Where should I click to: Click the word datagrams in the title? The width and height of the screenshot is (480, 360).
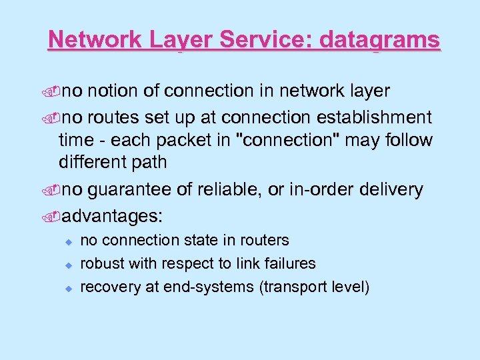380,40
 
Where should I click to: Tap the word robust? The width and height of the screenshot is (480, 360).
101,263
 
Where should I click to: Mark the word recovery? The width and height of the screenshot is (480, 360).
107,287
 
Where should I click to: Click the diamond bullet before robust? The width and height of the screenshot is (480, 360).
67,264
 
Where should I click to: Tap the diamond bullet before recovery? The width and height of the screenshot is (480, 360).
67,287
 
